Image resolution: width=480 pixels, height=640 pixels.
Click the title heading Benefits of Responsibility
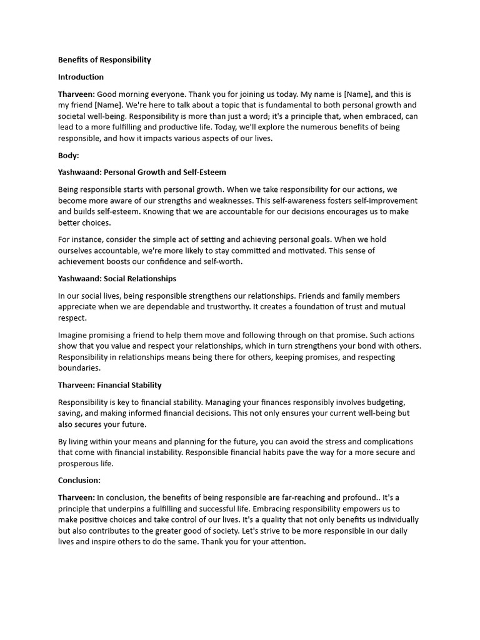[104, 60]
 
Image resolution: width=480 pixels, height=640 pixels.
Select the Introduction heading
[81, 77]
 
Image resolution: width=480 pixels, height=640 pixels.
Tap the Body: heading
[69, 156]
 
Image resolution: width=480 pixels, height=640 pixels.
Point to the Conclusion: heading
[79, 481]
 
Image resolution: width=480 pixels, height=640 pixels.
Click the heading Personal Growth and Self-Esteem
[164, 172]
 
